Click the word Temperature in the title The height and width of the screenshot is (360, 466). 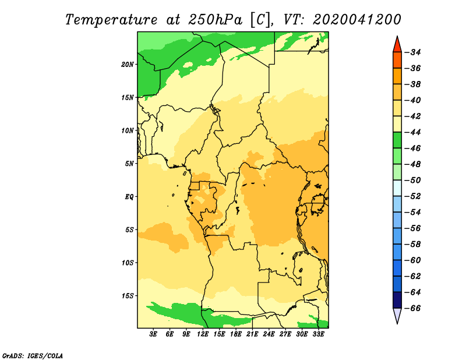coord(111,20)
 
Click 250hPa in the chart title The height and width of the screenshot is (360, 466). coord(215,20)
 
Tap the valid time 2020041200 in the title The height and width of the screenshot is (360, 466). coord(357,20)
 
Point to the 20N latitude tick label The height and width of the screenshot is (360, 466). coord(128,65)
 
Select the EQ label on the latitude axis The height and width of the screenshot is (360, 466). coord(129,197)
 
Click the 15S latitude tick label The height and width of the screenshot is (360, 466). coord(128,296)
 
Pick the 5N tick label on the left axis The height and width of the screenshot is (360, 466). coord(129,164)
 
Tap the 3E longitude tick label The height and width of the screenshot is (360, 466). coord(153,334)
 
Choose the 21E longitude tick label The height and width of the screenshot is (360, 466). coord(252,334)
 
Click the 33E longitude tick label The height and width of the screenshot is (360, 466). coord(318,334)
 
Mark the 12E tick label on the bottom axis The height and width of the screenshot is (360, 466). coord(203,334)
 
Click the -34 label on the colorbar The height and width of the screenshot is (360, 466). coord(414,52)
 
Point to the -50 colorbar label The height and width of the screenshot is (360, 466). coord(414,180)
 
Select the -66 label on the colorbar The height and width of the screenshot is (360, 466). coord(414,308)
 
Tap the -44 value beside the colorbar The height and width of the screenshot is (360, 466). coord(414,132)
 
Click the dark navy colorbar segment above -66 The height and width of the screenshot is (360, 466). coord(397,300)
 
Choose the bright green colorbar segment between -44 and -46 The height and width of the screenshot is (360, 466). coord(397,140)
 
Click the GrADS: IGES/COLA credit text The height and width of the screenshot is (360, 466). coord(33,355)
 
